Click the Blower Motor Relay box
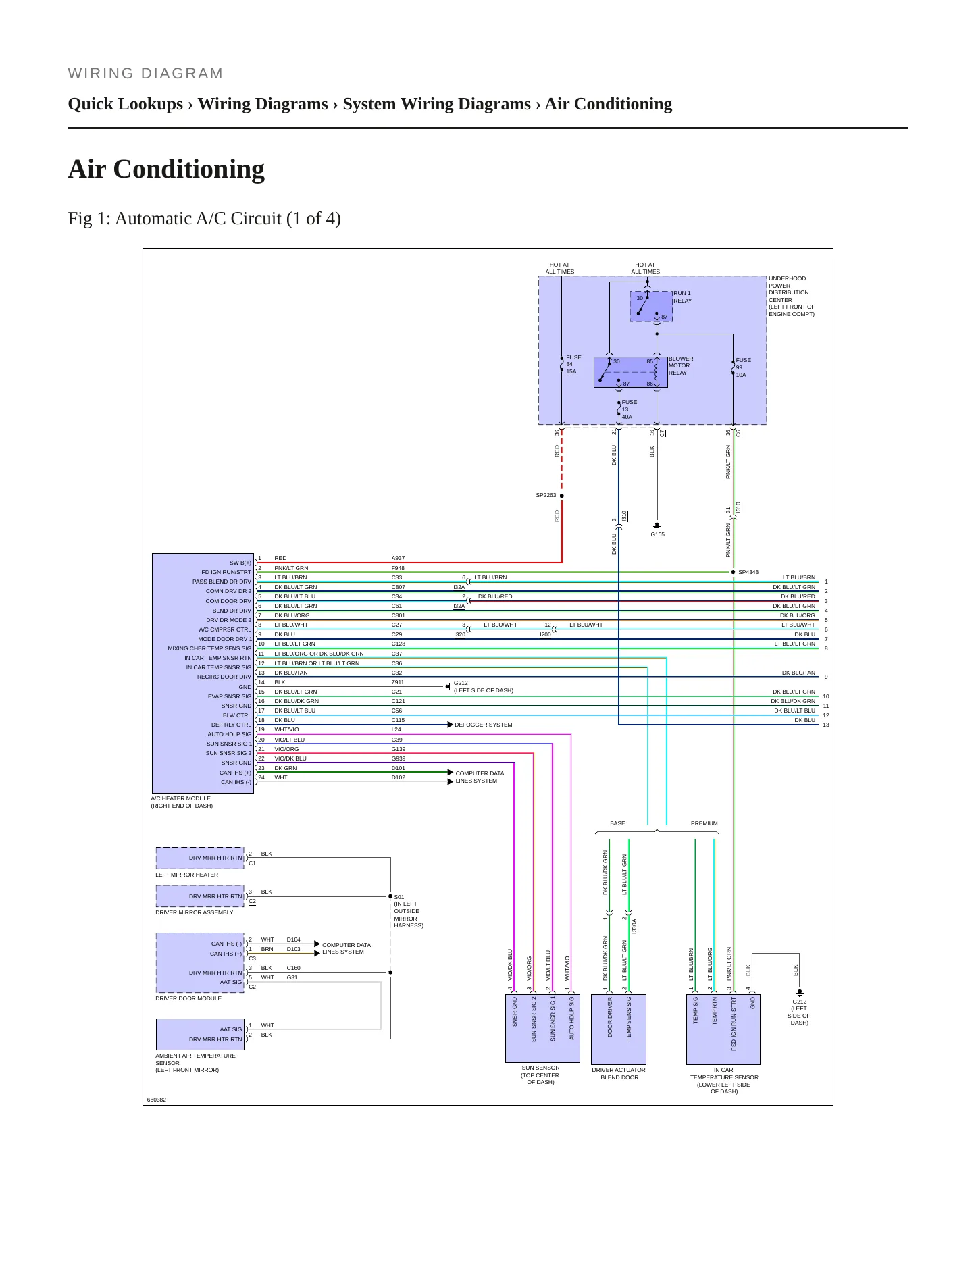point(630,372)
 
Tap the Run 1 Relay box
point(651,307)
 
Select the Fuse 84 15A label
point(573,365)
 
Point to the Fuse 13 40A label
point(629,409)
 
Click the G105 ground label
point(657,534)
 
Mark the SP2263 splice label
point(546,495)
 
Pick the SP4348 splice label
point(748,572)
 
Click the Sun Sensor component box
point(541,1028)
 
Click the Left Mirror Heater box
point(200,858)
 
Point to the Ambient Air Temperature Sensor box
point(200,1035)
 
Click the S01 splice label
point(399,897)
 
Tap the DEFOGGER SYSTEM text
point(483,725)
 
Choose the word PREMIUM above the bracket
point(704,823)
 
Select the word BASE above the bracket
point(617,823)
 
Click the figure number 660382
point(157,1100)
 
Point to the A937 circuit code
point(399,558)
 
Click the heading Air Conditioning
point(166,169)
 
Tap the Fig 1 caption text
point(204,219)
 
